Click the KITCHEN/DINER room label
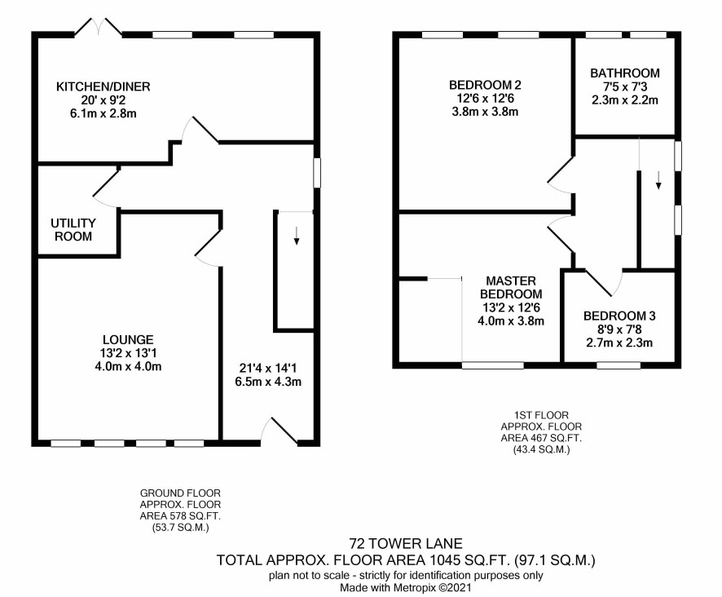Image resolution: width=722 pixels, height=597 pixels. click(x=103, y=86)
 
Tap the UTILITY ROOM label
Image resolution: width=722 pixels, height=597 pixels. click(x=73, y=229)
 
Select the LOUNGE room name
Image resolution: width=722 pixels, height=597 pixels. click(x=128, y=340)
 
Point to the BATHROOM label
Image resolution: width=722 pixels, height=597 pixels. click(x=625, y=73)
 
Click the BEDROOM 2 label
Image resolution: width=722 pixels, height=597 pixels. click(x=486, y=85)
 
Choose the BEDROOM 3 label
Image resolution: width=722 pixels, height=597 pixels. click(x=619, y=316)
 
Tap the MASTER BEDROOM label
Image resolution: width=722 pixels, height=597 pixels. click(x=511, y=287)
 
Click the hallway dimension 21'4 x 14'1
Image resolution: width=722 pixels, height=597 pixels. click(x=268, y=369)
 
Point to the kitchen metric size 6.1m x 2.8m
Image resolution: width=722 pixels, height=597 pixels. click(x=103, y=113)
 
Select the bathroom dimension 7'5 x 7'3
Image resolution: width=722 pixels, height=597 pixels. click(x=625, y=86)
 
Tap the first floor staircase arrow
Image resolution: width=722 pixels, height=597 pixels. click(x=658, y=179)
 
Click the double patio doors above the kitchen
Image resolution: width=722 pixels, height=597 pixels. click(x=99, y=26)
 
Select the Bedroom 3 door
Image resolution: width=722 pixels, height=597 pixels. click(x=604, y=282)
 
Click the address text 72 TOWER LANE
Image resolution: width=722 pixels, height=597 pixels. click(x=406, y=544)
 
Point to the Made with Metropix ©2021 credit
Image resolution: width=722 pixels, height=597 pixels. click(x=406, y=588)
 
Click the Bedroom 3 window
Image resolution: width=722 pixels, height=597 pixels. click(x=619, y=365)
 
